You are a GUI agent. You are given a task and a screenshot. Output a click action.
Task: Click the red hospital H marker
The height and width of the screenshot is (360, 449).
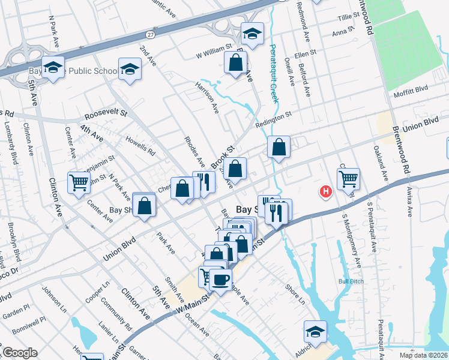[x=325, y=192]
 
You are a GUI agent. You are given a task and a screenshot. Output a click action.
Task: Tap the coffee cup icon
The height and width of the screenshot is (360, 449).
[x=220, y=279]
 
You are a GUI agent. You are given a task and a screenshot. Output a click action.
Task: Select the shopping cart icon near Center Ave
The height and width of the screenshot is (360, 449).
[x=79, y=182]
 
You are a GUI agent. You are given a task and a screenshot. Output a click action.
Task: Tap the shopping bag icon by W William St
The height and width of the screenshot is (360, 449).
[x=236, y=62]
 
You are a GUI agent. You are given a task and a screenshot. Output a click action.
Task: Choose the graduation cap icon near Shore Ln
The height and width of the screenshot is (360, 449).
[x=315, y=331]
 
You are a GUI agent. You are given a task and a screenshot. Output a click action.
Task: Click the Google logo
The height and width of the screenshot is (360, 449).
[x=20, y=353]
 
